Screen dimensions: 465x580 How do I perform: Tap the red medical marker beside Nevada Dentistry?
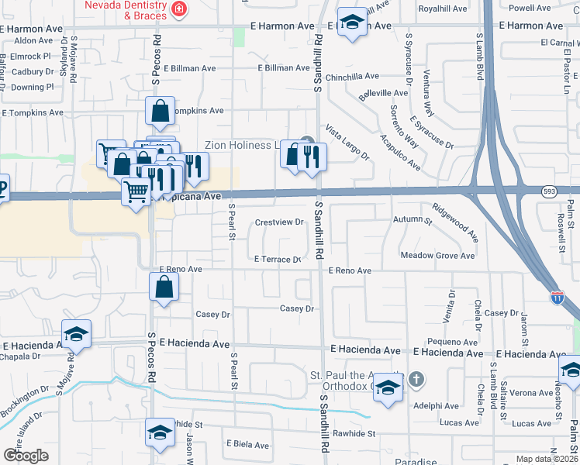[180, 9]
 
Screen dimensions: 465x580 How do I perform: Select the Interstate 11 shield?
[558, 297]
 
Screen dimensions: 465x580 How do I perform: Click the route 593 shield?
[549, 190]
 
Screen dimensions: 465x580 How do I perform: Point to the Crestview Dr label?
[279, 222]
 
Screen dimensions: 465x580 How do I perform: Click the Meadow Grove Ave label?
[437, 255]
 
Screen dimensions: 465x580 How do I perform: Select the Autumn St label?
[413, 221]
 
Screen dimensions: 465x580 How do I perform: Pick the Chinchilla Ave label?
[352, 77]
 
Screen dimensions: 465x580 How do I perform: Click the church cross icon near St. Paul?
[416, 379]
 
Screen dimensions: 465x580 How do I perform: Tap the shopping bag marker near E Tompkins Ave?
[159, 112]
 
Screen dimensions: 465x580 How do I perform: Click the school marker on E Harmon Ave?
[352, 24]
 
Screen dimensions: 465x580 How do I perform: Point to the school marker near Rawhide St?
[159, 433]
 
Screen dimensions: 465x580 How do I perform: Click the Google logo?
[26, 456]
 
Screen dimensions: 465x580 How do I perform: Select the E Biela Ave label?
[247, 445]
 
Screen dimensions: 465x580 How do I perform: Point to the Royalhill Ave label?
[443, 9]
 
